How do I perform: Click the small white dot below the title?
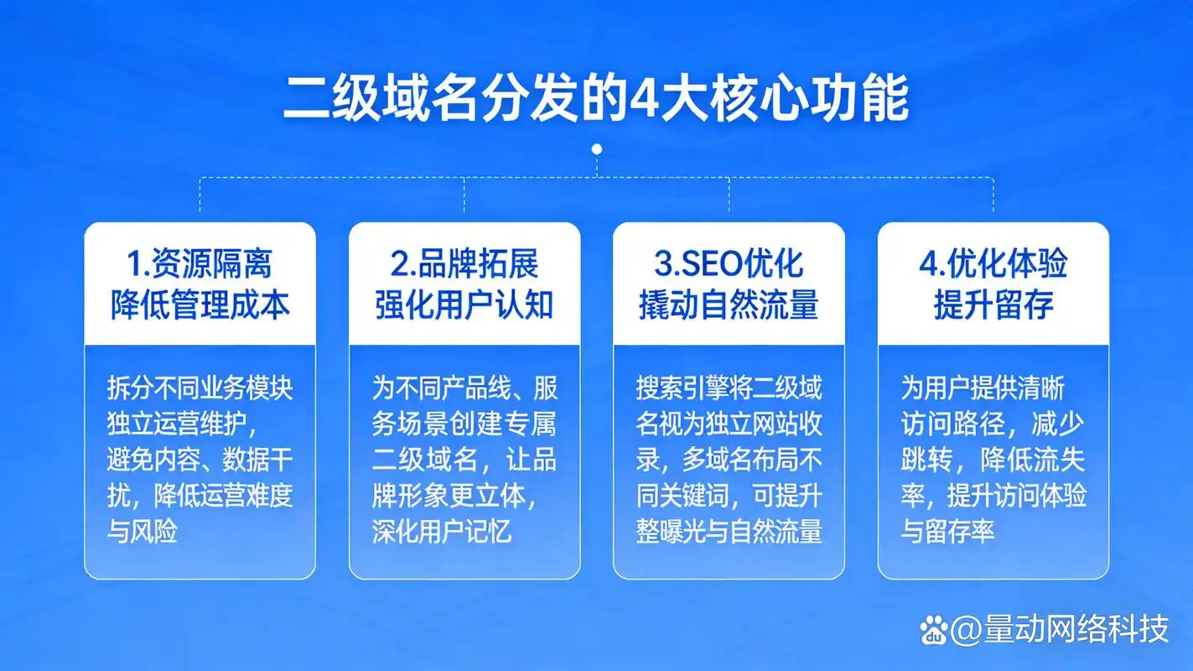[597, 149]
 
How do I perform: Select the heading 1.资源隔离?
[200, 264]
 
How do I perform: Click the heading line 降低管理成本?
[200, 304]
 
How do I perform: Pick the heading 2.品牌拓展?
[464, 264]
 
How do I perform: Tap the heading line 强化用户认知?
[464, 304]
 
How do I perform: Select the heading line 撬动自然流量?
[729, 304]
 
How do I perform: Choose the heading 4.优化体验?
[993, 264]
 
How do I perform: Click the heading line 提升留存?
[993, 304]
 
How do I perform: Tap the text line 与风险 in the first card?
[142, 531]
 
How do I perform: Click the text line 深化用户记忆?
[442, 531]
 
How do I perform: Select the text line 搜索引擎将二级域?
[729, 388]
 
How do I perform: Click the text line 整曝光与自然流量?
[729, 531]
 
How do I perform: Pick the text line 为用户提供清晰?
[982, 388]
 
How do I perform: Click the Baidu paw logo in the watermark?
[933, 629]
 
